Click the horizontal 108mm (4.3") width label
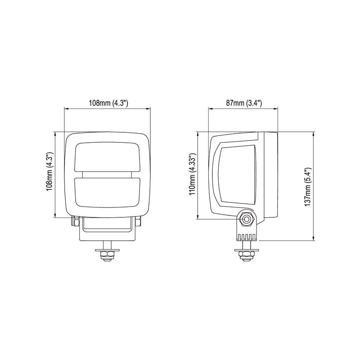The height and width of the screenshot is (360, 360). [108, 103]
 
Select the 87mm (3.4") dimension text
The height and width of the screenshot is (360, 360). [244, 103]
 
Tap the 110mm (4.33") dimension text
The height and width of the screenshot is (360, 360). [192, 174]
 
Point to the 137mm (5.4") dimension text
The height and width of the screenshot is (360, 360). [307, 187]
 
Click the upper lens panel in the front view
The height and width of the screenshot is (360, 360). [107, 157]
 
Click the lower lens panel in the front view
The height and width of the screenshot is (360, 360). [107, 193]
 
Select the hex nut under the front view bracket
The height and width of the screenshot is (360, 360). [107, 255]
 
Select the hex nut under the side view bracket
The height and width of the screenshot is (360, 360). [246, 254]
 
